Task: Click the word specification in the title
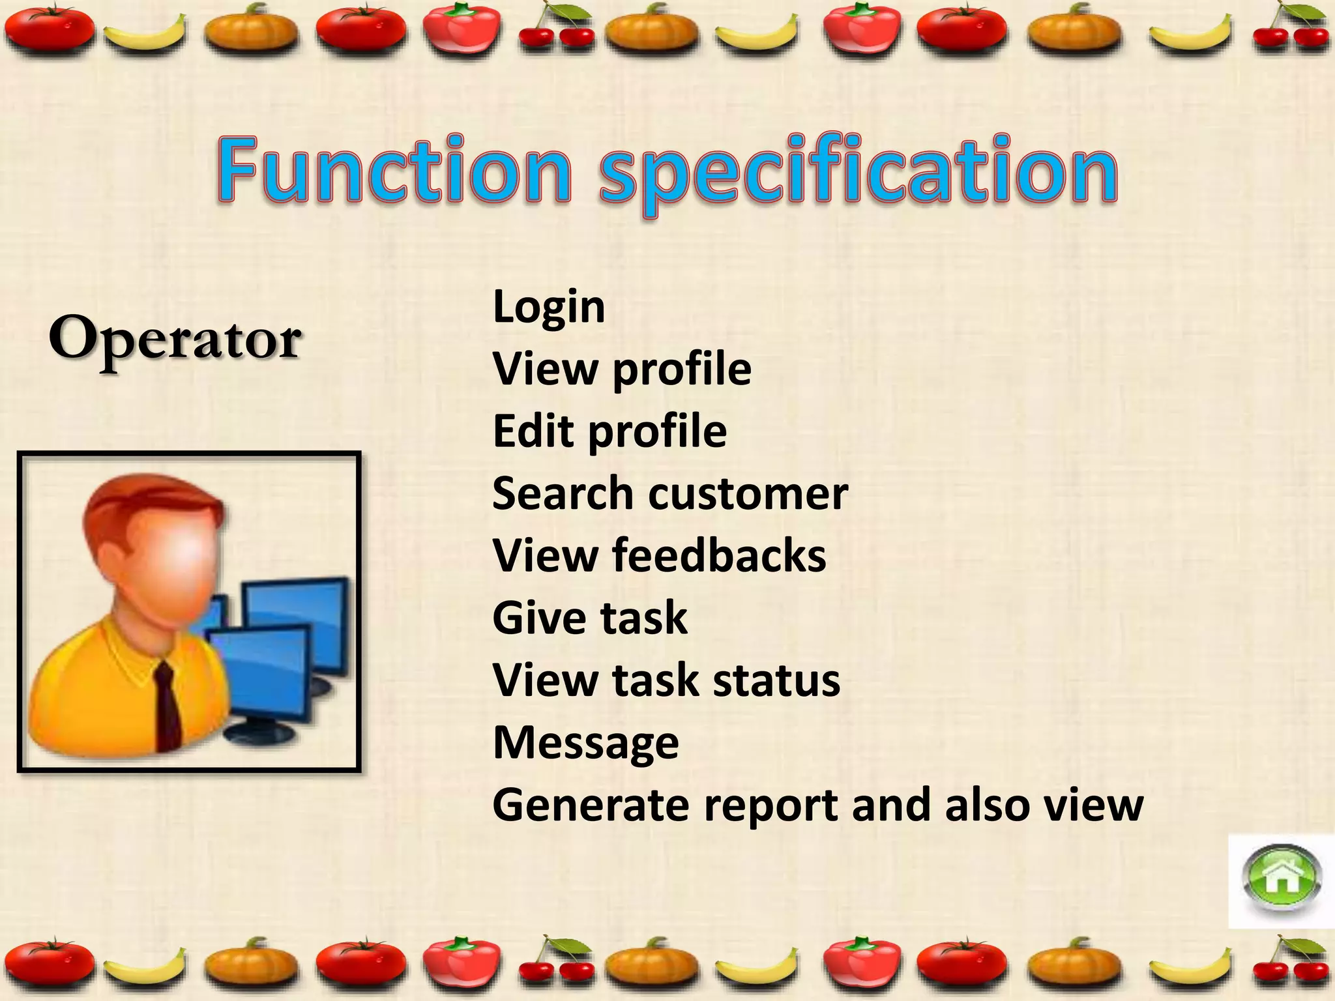[x=858, y=171]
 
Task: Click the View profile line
[x=622, y=369]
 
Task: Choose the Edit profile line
[x=609, y=431]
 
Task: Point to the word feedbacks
[x=718, y=556]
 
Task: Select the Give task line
[x=590, y=618]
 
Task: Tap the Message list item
[x=585, y=743]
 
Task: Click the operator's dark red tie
[x=168, y=707]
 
